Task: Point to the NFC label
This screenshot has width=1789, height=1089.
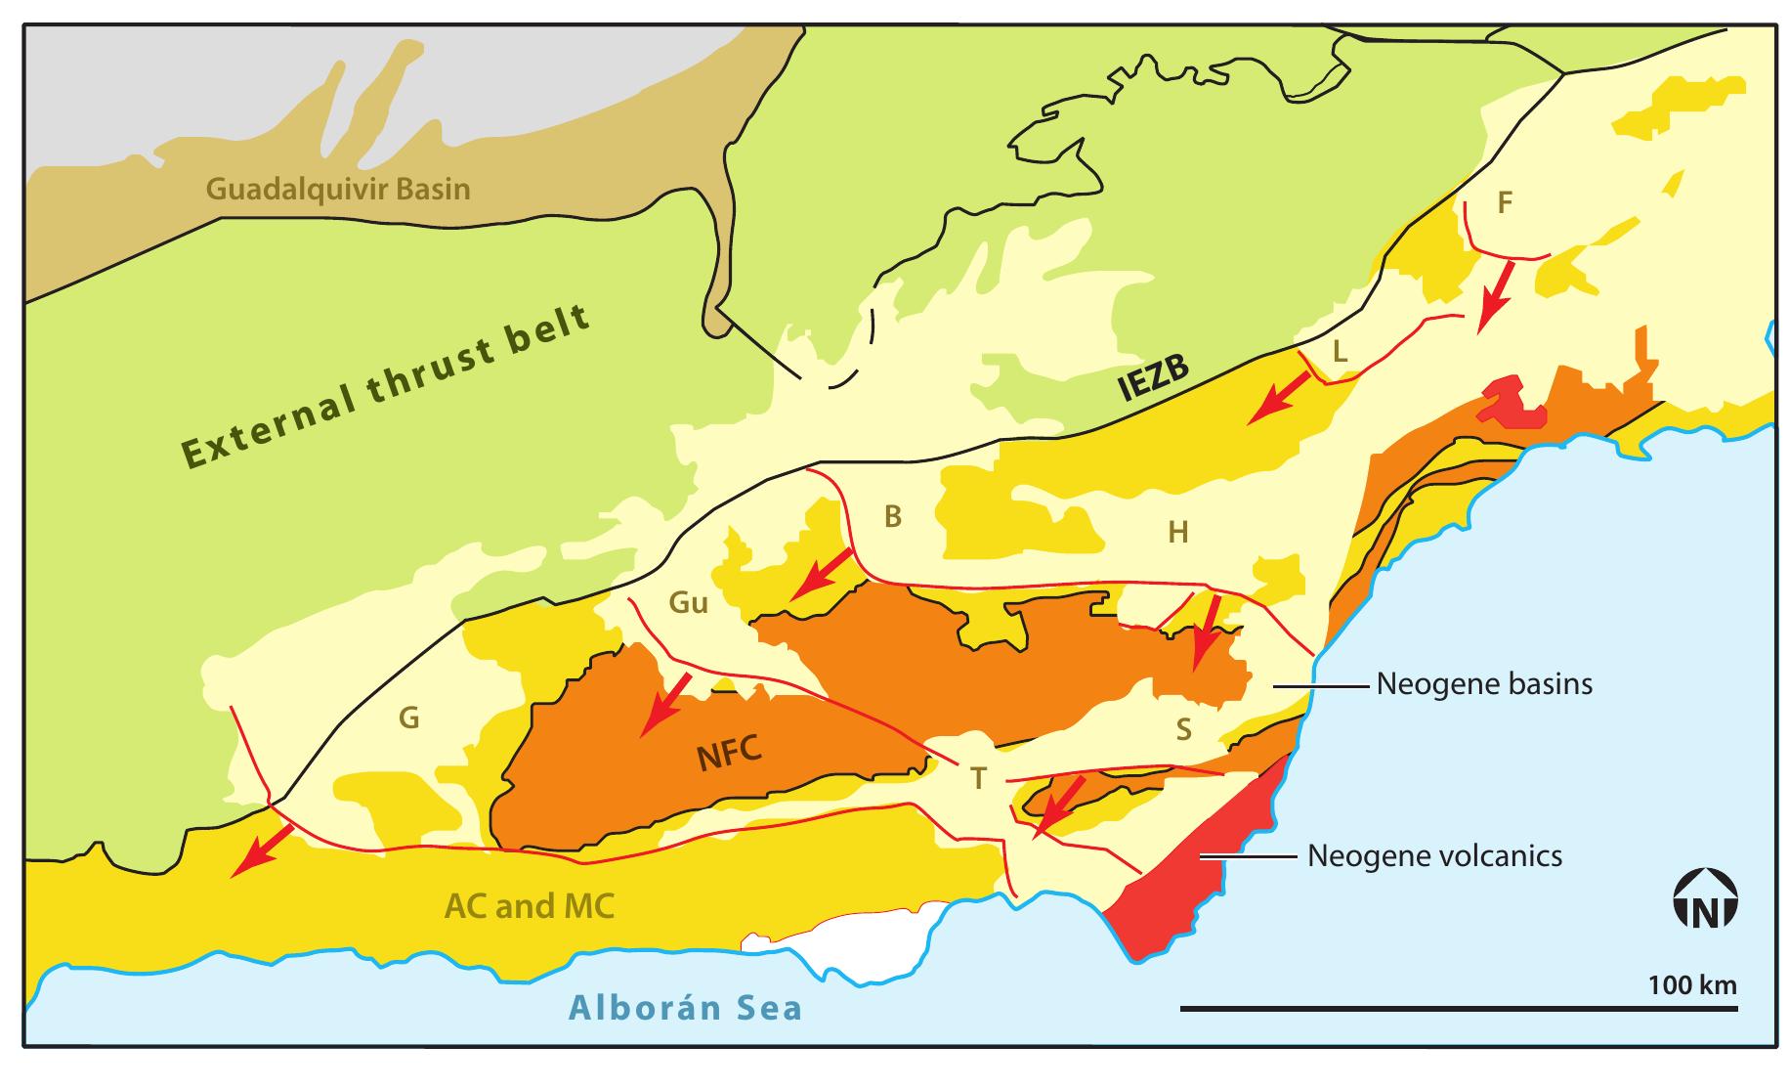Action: pyautogui.click(x=728, y=755)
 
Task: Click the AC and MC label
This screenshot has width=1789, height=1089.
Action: pyautogui.click(x=529, y=906)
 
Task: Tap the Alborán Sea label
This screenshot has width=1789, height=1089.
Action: pyautogui.click(x=685, y=1008)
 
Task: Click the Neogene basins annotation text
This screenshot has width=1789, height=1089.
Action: pyautogui.click(x=1483, y=684)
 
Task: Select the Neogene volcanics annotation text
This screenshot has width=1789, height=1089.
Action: pyautogui.click(x=1434, y=857)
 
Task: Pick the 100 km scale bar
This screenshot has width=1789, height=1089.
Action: pyautogui.click(x=1459, y=1008)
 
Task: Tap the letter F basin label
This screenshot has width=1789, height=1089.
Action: pyautogui.click(x=1505, y=203)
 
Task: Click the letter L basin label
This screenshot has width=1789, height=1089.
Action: pyautogui.click(x=1340, y=352)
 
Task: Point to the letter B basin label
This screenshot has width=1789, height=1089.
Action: pyautogui.click(x=892, y=517)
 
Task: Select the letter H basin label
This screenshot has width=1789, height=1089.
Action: pyautogui.click(x=1178, y=533)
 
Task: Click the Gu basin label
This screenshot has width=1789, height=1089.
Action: pyautogui.click(x=688, y=602)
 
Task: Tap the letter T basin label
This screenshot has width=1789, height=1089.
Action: pyautogui.click(x=978, y=779)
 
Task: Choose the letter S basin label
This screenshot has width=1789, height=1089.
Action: pyautogui.click(x=1183, y=729)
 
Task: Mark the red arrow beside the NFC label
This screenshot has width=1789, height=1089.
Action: pyautogui.click(x=664, y=704)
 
